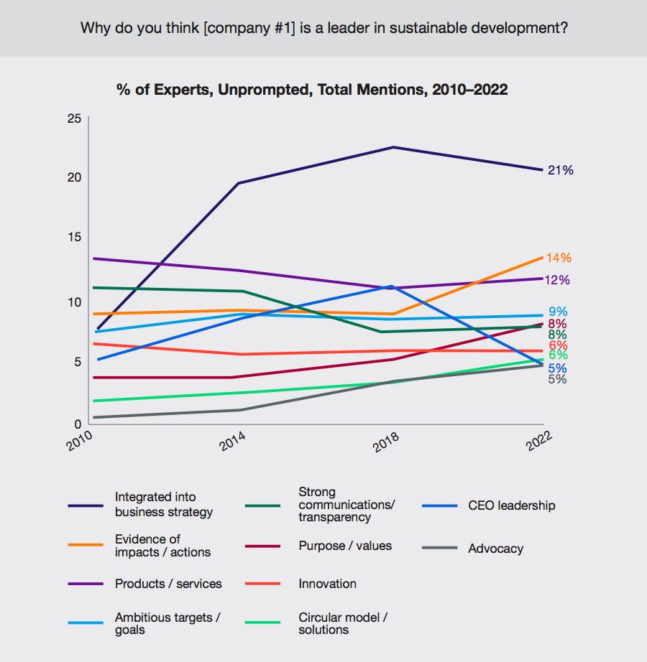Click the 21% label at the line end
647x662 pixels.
(x=560, y=170)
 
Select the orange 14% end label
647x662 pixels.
(x=559, y=258)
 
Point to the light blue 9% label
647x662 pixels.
(x=558, y=312)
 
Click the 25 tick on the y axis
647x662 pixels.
(x=74, y=118)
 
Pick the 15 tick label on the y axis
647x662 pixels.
(x=74, y=238)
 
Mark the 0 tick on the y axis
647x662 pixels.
(x=78, y=424)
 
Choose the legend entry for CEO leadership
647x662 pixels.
(x=511, y=505)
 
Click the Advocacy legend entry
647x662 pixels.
(x=495, y=549)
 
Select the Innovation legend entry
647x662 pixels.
(x=327, y=584)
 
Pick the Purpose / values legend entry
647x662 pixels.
(x=345, y=546)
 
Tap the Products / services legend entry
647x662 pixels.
(x=168, y=584)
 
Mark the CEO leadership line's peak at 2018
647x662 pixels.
(x=390, y=286)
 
